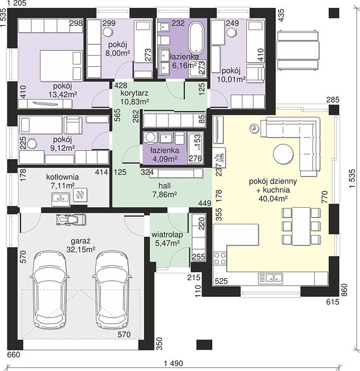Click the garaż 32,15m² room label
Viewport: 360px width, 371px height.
click(80, 245)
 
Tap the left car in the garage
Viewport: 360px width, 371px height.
click(49, 290)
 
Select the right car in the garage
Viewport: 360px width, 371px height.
click(112, 290)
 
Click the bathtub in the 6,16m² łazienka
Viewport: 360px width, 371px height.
click(195, 38)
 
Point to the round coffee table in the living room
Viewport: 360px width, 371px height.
click(283, 154)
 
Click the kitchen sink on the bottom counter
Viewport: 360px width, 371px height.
click(270, 278)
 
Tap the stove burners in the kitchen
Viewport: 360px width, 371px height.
click(220, 258)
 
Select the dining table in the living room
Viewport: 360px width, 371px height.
click(301, 226)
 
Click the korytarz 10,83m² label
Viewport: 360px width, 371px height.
click(135, 97)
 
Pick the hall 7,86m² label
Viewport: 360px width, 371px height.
click(165, 190)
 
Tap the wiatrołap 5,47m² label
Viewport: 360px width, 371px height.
click(167, 239)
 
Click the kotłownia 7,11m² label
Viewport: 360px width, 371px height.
click(62, 181)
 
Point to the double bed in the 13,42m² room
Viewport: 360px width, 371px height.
click(61, 66)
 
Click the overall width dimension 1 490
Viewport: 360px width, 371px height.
click(173, 363)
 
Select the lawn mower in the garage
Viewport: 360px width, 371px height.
click(71, 220)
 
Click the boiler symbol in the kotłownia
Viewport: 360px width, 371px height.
click(80, 195)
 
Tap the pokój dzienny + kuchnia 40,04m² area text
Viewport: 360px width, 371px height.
click(273, 190)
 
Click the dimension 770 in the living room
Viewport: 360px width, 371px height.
click(325, 197)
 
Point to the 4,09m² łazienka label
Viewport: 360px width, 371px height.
click(165, 155)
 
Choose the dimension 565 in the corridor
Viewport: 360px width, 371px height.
click(117, 115)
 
